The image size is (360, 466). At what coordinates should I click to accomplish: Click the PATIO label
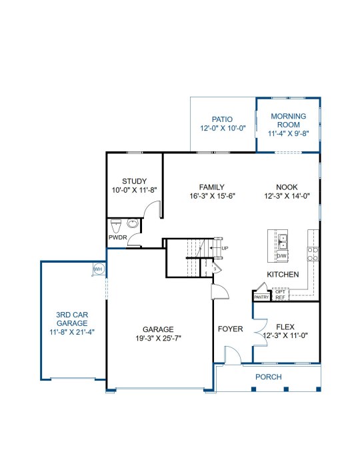[222, 119]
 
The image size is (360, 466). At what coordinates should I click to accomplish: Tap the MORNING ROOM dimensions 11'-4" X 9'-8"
[289, 133]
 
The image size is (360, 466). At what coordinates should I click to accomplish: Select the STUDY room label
[135, 181]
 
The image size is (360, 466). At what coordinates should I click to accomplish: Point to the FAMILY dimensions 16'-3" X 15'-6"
[212, 196]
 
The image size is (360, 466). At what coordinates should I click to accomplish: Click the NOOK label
[287, 187]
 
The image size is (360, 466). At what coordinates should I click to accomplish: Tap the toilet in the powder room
[116, 226]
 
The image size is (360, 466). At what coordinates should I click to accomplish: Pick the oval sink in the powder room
[133, 223]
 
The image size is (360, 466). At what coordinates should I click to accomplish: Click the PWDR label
[118, 238]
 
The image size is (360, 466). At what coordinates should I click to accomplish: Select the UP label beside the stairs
[225, 248]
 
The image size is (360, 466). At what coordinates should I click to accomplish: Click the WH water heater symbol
[98, 269]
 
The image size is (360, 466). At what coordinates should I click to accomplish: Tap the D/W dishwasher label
[282, 256]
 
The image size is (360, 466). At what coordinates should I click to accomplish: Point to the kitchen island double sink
[283, 242]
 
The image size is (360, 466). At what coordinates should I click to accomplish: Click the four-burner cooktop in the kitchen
[313, 254]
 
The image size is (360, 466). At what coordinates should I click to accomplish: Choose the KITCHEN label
[283, 275]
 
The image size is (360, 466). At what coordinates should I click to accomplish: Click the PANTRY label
[261, 297]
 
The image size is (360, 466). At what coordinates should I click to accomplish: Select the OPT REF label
[280, 295]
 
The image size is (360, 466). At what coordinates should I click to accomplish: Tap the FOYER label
[231, 329]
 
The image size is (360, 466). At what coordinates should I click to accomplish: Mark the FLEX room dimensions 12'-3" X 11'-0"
[285, 336]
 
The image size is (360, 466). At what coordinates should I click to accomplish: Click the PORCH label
[269, 377]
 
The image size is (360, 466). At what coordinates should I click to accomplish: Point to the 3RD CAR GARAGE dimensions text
[72, 332]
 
